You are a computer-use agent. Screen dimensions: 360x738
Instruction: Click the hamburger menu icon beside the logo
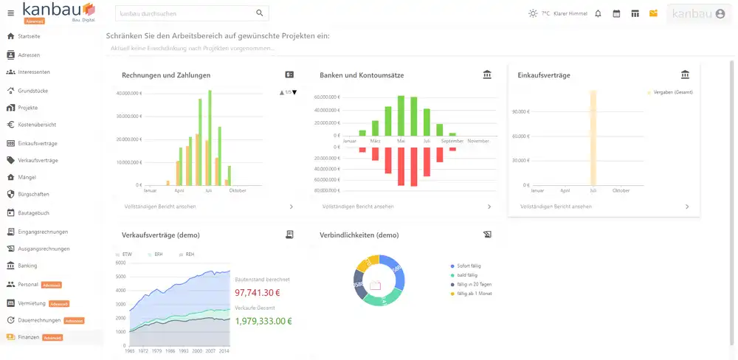(x=10, y=13)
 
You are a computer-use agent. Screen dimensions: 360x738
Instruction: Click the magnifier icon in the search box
(x=259, y=13)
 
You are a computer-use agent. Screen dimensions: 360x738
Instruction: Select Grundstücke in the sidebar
(x=32, y=91)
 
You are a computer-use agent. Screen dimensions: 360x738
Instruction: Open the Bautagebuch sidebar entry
(x=33, y=212)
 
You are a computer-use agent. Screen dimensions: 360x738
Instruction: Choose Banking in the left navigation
(x=27, y=266)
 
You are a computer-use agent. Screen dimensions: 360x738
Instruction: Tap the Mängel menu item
(x=27, y=177)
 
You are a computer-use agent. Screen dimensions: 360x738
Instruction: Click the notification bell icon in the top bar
(x=598, y=13)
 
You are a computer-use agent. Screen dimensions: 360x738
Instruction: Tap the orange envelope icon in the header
(x=653, y=13)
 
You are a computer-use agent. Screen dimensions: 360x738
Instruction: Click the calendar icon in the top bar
(x=616, y=13)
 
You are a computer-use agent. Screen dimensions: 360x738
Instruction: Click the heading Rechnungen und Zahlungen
(x=166, y=75)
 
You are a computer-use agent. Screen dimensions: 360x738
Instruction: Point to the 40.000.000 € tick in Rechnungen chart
(x=129, y=94)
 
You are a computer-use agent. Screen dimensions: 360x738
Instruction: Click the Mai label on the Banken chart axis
(x=401, y=140)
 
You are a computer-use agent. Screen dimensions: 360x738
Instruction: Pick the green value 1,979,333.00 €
(x=263, y=321)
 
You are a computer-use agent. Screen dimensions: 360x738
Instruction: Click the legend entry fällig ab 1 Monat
(x=474, y=293)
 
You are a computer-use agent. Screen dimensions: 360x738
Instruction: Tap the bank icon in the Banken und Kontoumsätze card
(x=486, y=75)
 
